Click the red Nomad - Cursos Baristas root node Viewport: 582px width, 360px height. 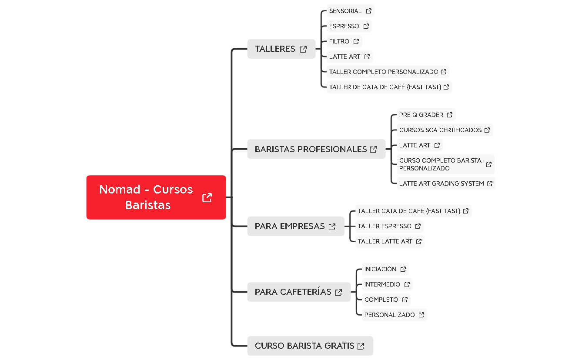(x=146, y=197)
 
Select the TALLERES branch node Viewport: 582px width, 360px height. (x=275, y=49)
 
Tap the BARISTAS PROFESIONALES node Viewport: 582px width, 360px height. (x=311, y=149)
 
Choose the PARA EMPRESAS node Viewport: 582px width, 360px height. (x=290, y=227)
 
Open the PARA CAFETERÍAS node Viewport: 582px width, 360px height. (x=293, y=292)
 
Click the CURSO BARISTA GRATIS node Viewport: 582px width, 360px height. (x=304, y=346)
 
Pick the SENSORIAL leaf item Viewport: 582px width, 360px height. (x=345, y=11)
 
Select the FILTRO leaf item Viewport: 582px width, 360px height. (x=339, y=41)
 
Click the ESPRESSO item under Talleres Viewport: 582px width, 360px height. (x=344, y=26)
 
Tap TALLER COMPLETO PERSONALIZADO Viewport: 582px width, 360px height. (x=384, y=72)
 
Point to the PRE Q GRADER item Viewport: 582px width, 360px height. (x=421, y=115)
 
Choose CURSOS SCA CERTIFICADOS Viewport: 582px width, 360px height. (x=440, y=130)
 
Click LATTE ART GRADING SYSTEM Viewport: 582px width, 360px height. (x=442, y=183)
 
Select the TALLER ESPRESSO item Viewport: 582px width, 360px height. (x=385, y=226)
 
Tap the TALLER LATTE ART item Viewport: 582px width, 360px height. (x=385, y=241)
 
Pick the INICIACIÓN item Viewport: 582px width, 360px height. (x=380, y=269)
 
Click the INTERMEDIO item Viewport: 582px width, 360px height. (x=382, y=284)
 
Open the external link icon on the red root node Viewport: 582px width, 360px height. (x=207, y=197)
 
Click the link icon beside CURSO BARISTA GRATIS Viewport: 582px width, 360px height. (x=361, y=347)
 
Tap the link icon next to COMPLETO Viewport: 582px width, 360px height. (x=405, y=300)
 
